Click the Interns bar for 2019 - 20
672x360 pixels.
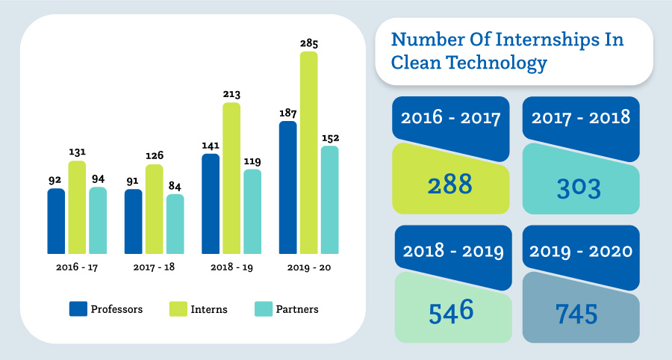pos(308,153)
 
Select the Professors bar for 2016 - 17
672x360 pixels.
pos(56,221)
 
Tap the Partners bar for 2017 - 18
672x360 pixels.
pos(175,224)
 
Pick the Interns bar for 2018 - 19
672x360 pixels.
pos(231,179)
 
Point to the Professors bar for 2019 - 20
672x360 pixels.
pos(287,187)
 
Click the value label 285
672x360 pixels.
pos(308,43)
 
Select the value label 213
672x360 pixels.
pos(231,94)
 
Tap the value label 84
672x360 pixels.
pos(175,186)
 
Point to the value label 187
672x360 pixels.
pos(287,113)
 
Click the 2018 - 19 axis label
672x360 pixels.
pos(231,267)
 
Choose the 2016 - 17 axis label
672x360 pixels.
pos(77,267)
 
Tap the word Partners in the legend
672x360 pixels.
pos(297,309)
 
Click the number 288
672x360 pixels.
pos(450,184)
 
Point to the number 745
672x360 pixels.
pos(576,314)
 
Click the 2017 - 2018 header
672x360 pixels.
pos(580,117)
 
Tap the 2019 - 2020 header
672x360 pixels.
pos(580,251)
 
